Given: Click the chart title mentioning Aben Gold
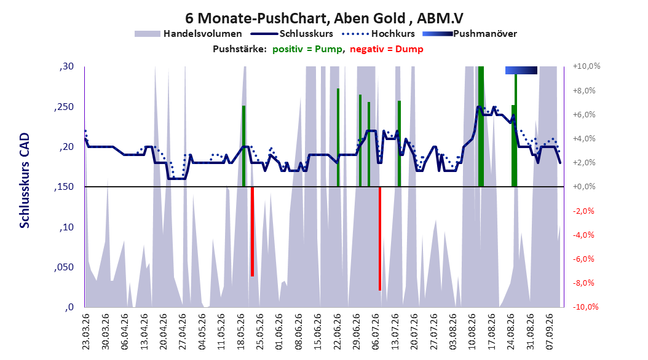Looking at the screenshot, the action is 324,18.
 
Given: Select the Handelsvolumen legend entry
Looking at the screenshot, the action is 189,34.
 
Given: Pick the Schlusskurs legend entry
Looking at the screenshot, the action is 292,34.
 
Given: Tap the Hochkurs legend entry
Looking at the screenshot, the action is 378,34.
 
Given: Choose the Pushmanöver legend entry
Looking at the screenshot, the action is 470,34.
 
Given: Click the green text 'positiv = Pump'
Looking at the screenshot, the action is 307,49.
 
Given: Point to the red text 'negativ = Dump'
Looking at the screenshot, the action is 387,49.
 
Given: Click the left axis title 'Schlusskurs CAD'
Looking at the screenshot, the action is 25,180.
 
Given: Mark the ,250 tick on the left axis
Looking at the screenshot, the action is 64,106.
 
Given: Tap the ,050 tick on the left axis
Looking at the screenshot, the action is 64,267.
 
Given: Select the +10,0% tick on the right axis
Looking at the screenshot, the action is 587,66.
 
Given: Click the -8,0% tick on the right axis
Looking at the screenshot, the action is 585,283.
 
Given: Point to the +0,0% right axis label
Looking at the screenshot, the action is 584,187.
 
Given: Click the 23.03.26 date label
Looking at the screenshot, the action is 86,332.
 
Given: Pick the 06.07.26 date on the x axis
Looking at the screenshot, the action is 376,332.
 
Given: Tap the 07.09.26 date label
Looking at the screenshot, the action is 550,332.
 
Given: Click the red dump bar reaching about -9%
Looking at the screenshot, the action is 380,238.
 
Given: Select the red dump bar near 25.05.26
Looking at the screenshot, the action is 252,232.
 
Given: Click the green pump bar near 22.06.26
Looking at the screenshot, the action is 338,138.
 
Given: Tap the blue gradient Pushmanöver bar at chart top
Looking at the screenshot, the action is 521,70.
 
